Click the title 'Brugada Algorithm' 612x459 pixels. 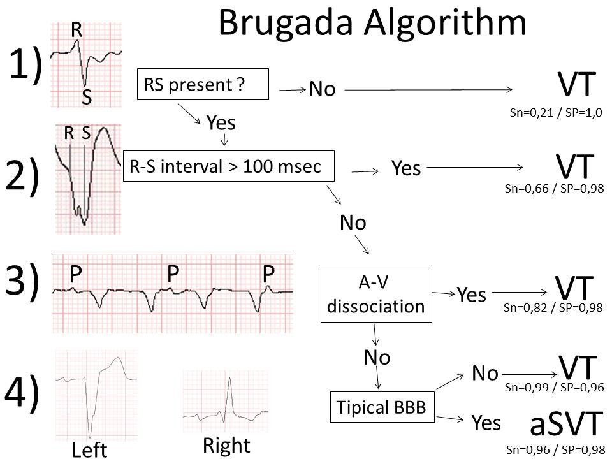[372, 24]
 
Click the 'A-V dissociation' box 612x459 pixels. [375, 295]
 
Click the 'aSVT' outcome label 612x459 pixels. [566, 423]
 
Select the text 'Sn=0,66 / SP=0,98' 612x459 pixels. [553, 189]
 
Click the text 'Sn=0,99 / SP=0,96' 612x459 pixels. [553, 386]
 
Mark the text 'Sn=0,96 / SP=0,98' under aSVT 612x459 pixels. [553, 449]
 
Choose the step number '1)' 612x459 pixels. [25, 66]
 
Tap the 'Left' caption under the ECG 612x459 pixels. [89, 449]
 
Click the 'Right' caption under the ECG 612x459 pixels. [226, 445]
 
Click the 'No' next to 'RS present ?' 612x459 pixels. [322, 90]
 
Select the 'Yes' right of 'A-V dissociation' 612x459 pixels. [471, 295]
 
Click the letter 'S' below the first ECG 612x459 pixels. [86, 98]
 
